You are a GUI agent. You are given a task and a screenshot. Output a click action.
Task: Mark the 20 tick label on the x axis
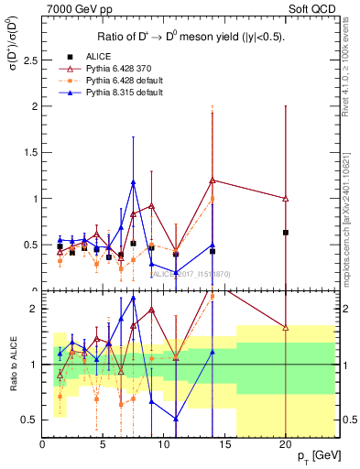coord(285,445)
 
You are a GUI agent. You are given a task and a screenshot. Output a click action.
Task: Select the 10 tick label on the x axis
coord(164,445)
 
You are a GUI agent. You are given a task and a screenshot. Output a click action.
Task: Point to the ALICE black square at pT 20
coord(286,233)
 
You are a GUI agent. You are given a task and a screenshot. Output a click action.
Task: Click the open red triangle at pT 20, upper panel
coord(286,199)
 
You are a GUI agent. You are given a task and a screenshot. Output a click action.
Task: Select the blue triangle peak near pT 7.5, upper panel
coord(134,182)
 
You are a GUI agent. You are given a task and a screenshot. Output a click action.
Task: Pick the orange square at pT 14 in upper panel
coord(213,199)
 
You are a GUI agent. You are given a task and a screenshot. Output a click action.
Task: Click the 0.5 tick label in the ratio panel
coord(29,420)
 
